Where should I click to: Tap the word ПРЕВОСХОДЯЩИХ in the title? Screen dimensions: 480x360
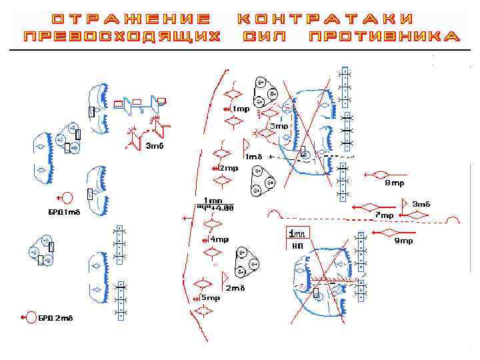pyautogui.click(x=121, y=37)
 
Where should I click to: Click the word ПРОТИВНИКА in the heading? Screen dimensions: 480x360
pyautogui.click(x=384, y=37)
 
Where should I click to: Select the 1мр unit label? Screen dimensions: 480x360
pyautogui.click(x=240, y=109)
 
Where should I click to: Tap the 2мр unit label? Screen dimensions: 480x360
pyautogui.click(x=229, y=168)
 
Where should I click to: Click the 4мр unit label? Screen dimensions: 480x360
pyautogui.click(x=219, y=239)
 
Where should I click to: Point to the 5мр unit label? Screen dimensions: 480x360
pyautogui.click(x=210, y=298)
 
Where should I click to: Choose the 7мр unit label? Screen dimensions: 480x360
pyautogui.click(x=384, y=215)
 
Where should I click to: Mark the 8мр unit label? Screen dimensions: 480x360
pyautogui.click(x=394, y=183)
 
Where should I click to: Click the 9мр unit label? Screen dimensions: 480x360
pyautogui.click(x=403, y=241)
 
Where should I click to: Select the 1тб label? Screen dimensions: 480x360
pyautogui.click(x=254, y=157)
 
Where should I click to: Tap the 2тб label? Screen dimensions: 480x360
pyautogui.click(x=235, y=288)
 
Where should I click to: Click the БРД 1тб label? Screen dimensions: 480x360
pyautogui.click(x=64, y=212)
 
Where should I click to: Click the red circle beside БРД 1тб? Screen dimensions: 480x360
pyautogui.click(x=67, y=197)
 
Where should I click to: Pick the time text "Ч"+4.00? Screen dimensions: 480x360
pyautogui.click(x=215, y=207)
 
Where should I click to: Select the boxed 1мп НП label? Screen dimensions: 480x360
pyautogui.click(x=297, y=239)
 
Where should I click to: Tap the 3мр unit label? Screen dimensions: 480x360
pyautogui.click(x=279, y=126)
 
